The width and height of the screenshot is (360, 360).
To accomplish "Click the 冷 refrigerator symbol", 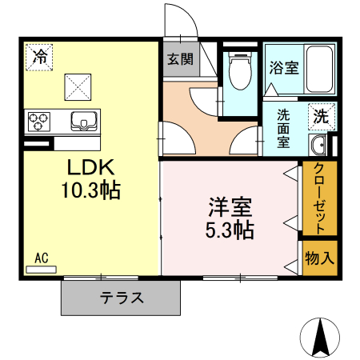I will pyautogui.click(x=39, y=57).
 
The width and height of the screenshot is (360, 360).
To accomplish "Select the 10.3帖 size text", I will pyautogui.click(x=90, y=191).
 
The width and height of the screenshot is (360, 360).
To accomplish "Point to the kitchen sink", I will pyautogui.click(x=83, y=122).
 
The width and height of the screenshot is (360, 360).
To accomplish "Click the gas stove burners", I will pyautogui.click(x=39, y=122).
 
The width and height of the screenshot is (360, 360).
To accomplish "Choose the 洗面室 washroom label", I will pyautogui.click(x=284, y=128).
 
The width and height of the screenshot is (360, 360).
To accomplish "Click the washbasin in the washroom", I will pyautogui.click(x=318, y=145).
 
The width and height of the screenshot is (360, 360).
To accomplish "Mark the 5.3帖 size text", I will pyautogui.click(x=230, y=230).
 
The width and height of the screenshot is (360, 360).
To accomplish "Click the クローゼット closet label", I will pyautogui.click(x=318, y=198).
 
